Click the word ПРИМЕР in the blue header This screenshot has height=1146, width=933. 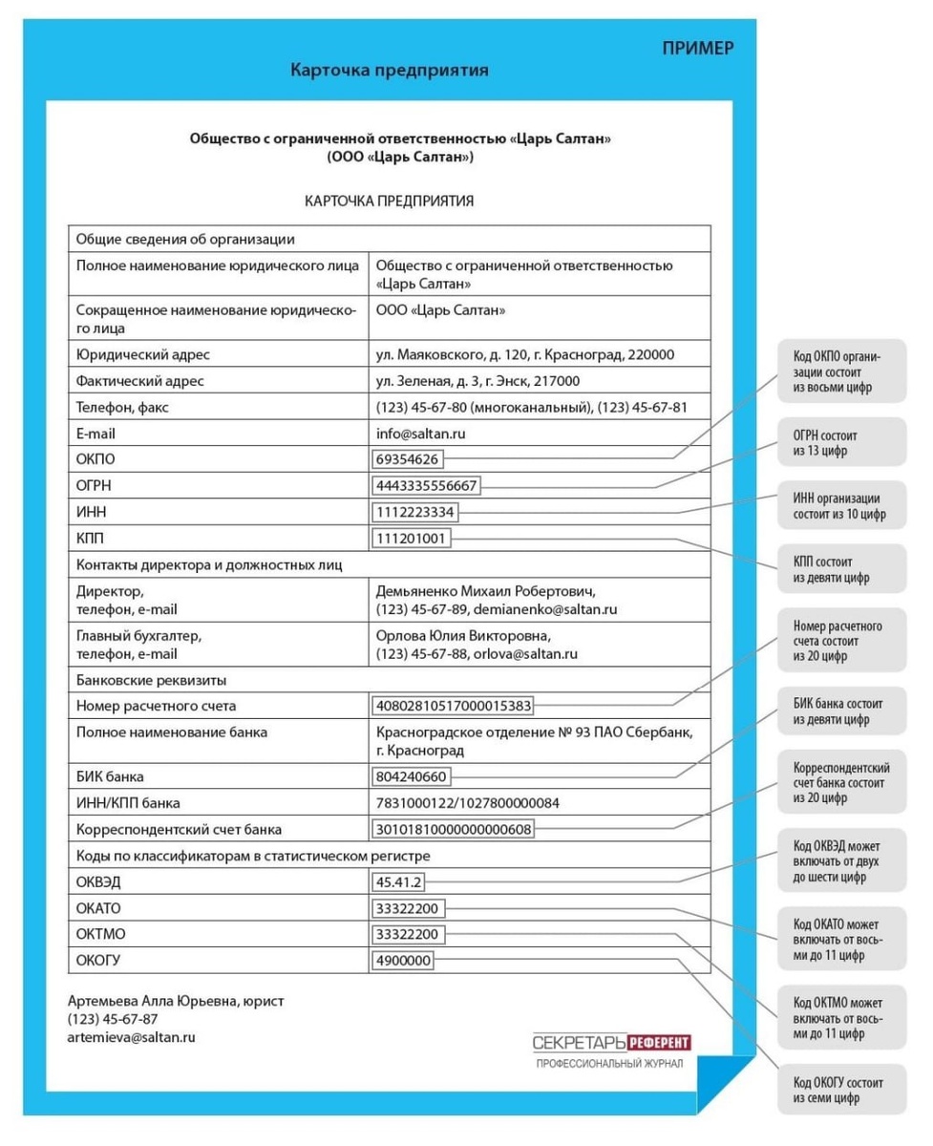coord(698,49)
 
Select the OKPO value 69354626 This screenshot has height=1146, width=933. coord(408,459)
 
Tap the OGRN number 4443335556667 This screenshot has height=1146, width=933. coord(427,486)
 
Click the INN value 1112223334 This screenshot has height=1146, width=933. coord(415,513)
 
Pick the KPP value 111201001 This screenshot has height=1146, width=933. coord(412,539)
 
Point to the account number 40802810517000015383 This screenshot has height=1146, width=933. coord(454,707)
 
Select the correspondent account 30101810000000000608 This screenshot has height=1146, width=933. coord(454,829)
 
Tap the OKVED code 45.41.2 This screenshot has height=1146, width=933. coord(399,882)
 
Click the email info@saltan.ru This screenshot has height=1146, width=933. coord(421,434)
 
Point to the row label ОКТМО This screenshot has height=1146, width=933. coord(100,934)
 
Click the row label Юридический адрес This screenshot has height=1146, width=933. coord(142,355)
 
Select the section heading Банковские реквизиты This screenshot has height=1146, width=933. coord(151,680)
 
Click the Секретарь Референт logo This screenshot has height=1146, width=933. coord(611,1042)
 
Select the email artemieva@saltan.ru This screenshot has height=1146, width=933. coord(132,1036)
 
